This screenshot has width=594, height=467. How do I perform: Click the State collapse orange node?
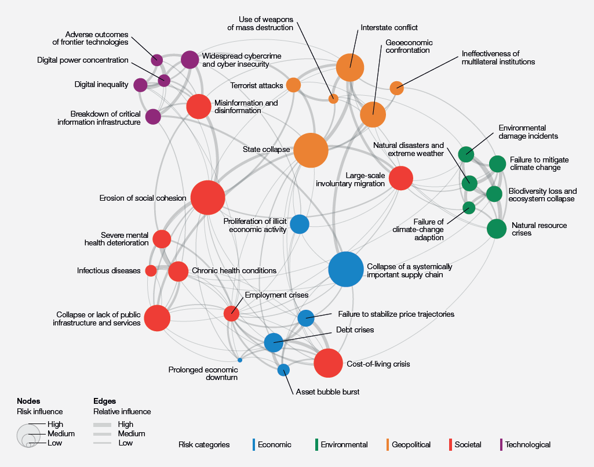tap(311, 150)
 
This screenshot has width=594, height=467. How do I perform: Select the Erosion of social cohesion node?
tap(207, 198)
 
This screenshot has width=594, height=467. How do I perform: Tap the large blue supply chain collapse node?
tap(346, 270)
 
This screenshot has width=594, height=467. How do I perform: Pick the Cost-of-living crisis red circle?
tap(329, 364)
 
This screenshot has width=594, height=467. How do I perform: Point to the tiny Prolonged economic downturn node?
tap(240, 360)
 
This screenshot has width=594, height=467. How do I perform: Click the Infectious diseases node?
tap(151, 270)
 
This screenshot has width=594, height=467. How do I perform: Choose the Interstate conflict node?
tap(349, 68)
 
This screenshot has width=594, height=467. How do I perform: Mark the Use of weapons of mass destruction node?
tap(333, 99)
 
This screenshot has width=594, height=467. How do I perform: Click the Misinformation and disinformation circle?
tap(199, 106)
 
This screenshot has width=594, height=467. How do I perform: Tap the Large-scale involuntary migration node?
tap(401, 178)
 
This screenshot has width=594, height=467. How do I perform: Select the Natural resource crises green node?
tap(496, 229)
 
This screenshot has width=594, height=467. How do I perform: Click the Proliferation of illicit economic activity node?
tap(299, 224)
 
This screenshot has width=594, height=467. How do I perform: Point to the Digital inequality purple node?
tap(140, 85)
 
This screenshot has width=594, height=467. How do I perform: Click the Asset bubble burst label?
tap(327, 392)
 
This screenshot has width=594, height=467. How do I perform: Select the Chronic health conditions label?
tap(234, 270)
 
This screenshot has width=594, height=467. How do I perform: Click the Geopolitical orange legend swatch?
tap(387, 445)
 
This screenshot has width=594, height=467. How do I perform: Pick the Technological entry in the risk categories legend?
tap(527, 445)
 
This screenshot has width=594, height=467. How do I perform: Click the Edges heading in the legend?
tap(104, 401)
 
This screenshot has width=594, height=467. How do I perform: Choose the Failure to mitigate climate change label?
tap(539, 164)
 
